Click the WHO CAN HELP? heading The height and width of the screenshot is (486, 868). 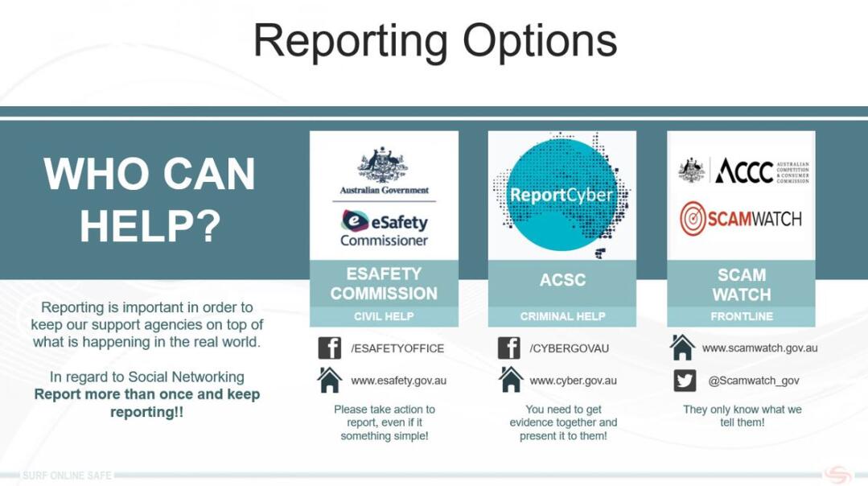coord(150,200)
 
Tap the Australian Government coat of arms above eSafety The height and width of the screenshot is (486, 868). coord(383,164)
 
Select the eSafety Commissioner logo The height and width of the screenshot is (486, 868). coord(385,228)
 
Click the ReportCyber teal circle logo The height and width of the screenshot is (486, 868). coord(562,195)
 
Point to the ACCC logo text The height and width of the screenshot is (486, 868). coord(743,171)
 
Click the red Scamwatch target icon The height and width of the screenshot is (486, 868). coord(693,218)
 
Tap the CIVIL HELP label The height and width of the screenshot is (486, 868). coord(385,316)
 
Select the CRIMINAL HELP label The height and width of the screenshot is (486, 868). coord(562,316)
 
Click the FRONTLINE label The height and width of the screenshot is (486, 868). coord(741,316)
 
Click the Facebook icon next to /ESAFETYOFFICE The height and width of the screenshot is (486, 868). coord(330,348)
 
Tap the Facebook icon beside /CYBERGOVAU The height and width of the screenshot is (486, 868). coord(508,348)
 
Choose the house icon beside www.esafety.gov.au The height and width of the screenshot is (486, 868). coord(329,380)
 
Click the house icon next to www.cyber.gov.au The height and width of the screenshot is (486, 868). coord(510,380)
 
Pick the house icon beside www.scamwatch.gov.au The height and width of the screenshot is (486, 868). coord(682,348)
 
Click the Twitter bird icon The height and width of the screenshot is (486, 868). coord(685,381)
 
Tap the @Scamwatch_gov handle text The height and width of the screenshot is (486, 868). coord(754,381)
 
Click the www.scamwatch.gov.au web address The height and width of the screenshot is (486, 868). coord(759,348)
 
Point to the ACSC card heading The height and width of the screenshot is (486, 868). coord(562,279)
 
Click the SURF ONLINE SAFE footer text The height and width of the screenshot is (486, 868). coord(67,476)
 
